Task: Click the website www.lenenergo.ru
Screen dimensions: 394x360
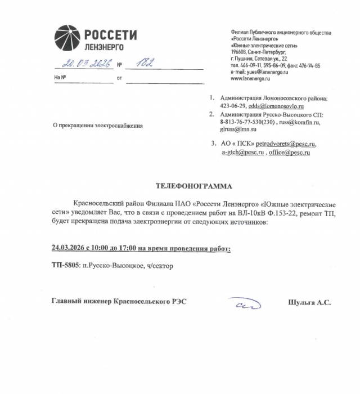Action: pos(252,78)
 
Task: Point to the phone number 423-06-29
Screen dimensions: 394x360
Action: pos(233,106)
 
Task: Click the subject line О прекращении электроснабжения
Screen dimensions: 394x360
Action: pos(97,126)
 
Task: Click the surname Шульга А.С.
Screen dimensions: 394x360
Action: pos(309,302)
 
